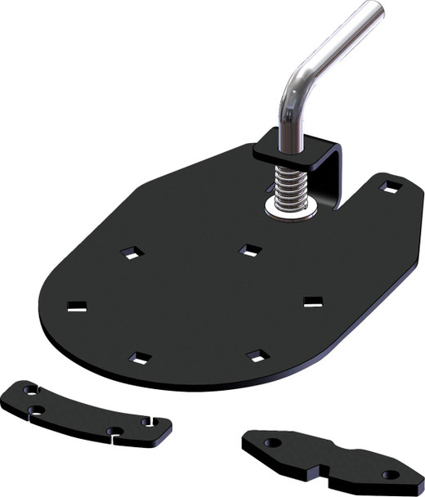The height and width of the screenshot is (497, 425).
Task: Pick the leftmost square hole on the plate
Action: (77, 307)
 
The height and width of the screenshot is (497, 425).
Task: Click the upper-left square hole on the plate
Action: (129, 253)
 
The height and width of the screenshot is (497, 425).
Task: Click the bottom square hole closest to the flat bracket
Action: (257, 354)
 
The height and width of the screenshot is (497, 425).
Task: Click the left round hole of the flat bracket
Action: (272, 442)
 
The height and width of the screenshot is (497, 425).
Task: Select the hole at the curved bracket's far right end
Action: (148, 422)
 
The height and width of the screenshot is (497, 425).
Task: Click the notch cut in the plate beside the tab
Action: (349, 204)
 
